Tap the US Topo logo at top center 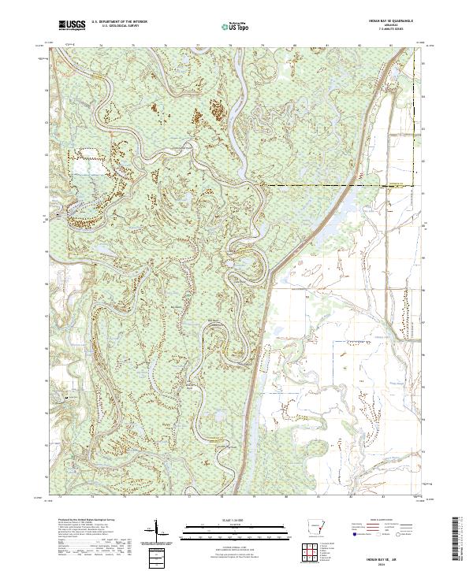(x=236, y=26)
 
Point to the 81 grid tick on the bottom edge (x=318, y=497)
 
